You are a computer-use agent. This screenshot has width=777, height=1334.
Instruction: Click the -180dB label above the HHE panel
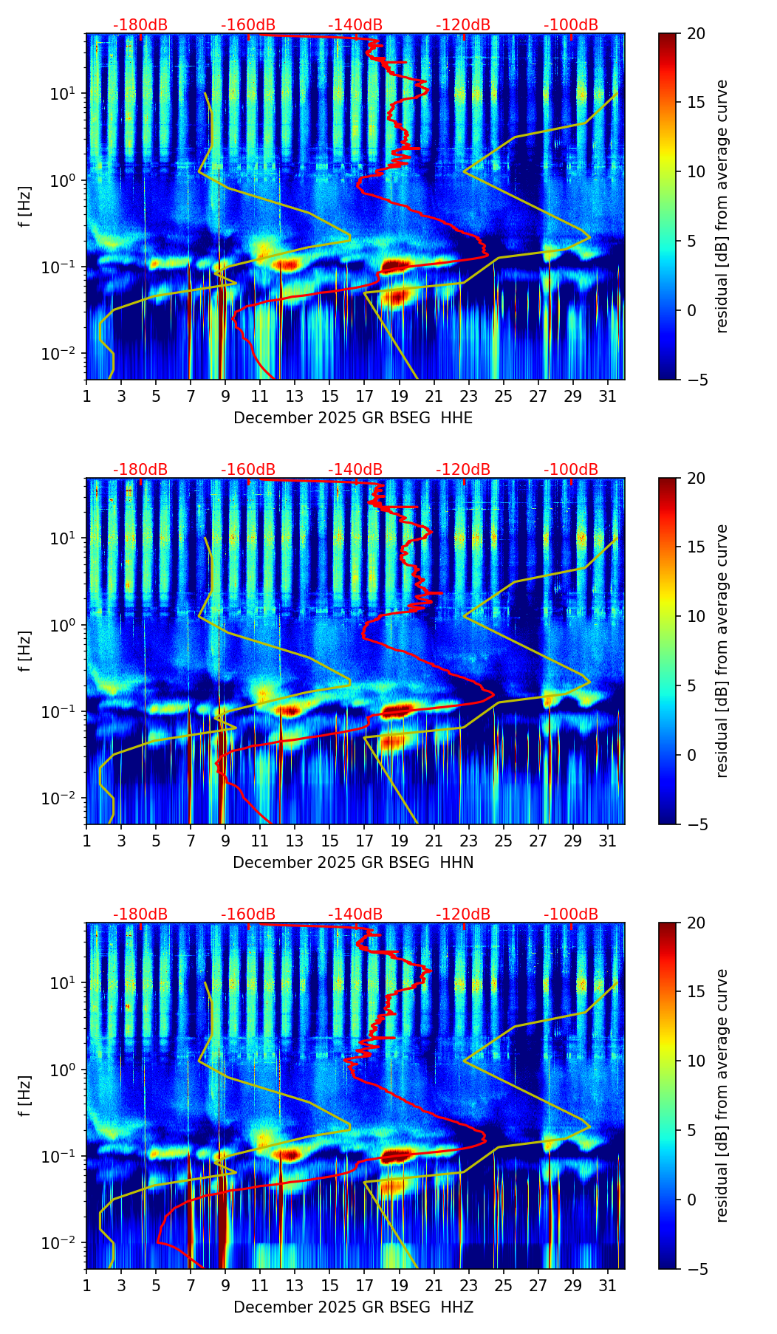click(x=140, y=25)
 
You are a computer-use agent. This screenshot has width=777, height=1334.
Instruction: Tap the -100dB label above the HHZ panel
click(x=571, y=914)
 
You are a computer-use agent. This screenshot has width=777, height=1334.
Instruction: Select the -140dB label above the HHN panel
click(x=355, y=470)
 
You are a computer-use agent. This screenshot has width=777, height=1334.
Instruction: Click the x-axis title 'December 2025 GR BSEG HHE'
click(x=353, y=418)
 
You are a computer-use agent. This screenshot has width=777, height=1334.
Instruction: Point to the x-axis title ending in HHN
click(x=353, y=863)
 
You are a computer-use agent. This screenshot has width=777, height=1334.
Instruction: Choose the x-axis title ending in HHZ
click(x=353, y=1307)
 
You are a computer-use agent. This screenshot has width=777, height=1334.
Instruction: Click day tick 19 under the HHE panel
click(x=399, y=396)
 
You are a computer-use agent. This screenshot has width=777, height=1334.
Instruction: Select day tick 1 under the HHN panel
click(x=86, y=841)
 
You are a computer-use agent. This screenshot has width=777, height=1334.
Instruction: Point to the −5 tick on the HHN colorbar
click(x=694, y=824)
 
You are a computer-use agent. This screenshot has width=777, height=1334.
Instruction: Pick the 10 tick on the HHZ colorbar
click(x=696, y=1061)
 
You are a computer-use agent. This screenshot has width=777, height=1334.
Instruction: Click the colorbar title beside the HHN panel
click(x=722, y=651)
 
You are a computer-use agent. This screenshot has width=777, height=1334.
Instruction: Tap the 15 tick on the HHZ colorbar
click(x=696, y=992)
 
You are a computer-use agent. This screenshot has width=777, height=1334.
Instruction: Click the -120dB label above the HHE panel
click(x=463, y=25)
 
